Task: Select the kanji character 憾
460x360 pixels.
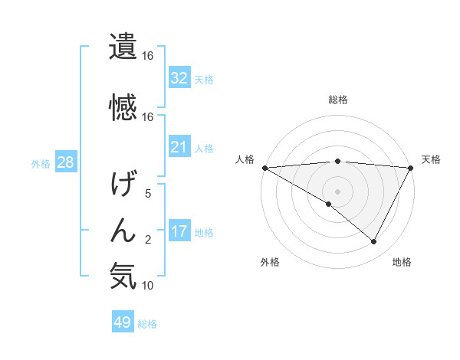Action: point(123,106)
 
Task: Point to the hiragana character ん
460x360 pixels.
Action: point(123,229)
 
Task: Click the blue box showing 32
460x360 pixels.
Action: point(179,77)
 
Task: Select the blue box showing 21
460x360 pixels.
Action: point(179,146)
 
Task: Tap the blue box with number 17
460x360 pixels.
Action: point(179,231)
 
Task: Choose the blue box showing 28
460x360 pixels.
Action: point(64,162)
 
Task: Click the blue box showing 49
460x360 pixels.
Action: point(123,322)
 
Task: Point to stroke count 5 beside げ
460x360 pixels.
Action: point(148,195)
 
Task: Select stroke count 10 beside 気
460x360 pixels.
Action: point(148,286)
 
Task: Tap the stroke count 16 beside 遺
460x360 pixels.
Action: point(148,56)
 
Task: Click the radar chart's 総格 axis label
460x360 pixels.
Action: point(338,100)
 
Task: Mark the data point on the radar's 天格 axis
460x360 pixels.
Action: point(412,168)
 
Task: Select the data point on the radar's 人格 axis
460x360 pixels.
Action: point(264,168)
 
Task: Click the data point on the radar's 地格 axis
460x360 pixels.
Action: point(374,242)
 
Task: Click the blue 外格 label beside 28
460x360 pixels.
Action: point(41,163)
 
